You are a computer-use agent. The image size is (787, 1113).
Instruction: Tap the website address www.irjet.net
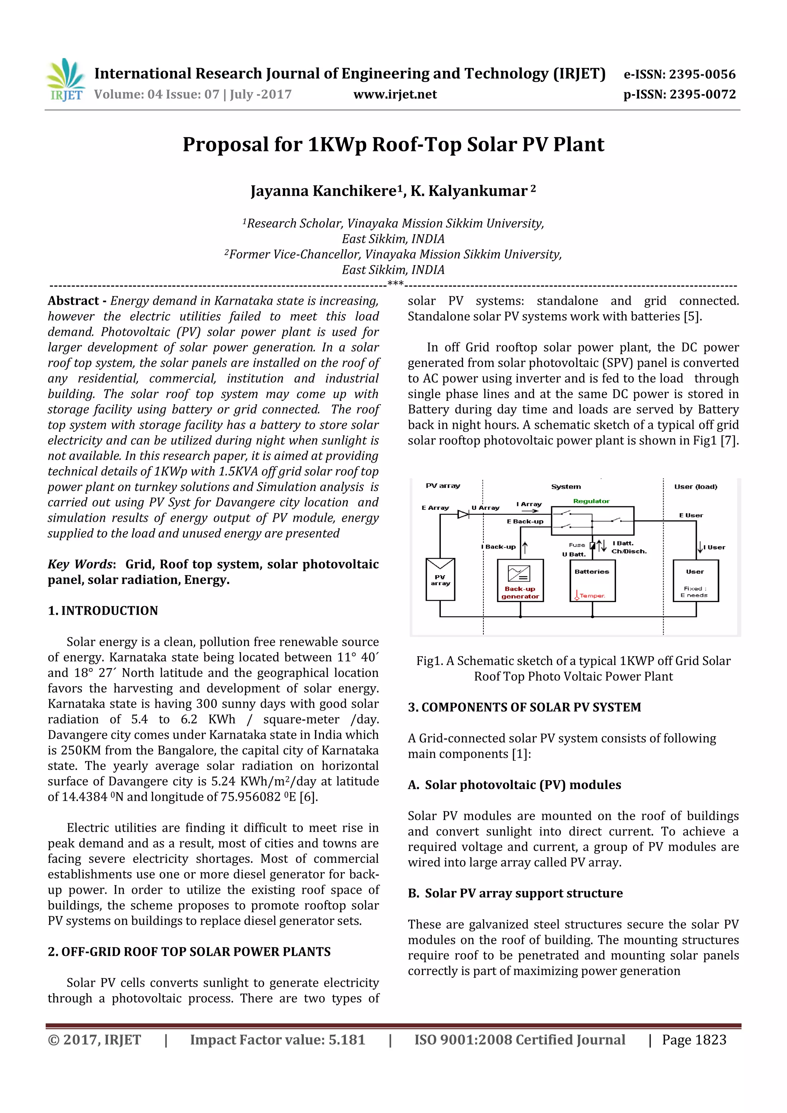(395, 94)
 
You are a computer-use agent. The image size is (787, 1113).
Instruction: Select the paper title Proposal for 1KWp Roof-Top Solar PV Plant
(393, 144)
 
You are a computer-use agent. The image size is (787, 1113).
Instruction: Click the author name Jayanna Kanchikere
(324, 191)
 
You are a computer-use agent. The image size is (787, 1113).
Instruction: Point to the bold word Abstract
(73, 301)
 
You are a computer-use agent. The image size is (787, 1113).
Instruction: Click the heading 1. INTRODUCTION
(103, 611)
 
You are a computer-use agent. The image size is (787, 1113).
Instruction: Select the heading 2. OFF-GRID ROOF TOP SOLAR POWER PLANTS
(189, 952)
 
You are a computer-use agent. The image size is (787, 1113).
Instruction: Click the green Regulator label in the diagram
(591, 501)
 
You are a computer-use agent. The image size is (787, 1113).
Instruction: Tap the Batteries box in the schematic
(592, 581)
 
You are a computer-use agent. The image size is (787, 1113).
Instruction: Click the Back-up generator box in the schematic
(520, 581)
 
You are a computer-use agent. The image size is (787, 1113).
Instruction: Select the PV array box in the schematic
(440, 580)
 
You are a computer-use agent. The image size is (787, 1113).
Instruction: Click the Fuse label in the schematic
(577, 545)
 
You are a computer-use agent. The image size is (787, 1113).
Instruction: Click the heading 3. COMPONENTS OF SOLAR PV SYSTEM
(524, 707)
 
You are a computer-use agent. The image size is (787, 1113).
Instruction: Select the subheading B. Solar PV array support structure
(515, 893)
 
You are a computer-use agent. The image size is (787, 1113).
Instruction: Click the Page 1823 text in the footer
(694, 1040)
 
